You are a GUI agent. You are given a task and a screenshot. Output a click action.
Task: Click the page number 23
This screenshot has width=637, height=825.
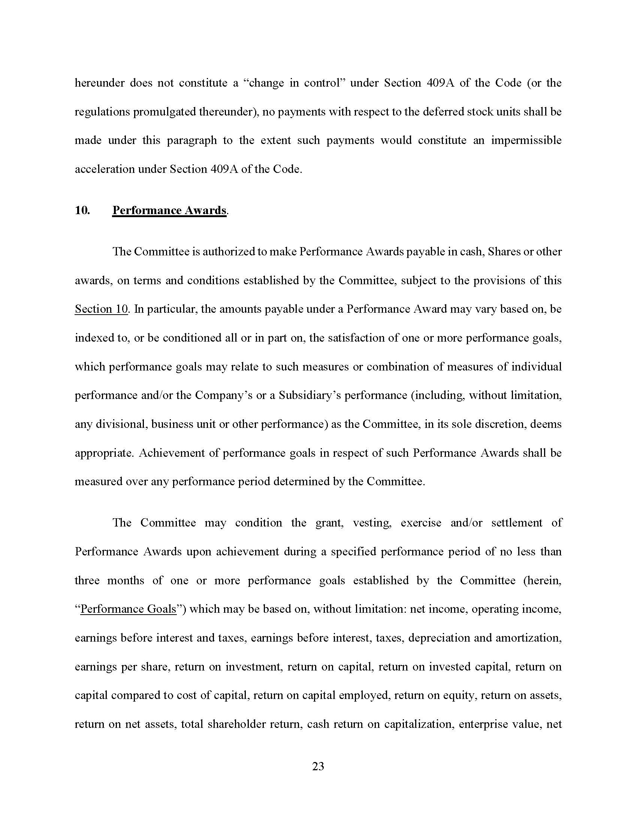click(x=318, y=766)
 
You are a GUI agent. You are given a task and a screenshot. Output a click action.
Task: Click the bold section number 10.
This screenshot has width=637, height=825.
click(x=82, y=210)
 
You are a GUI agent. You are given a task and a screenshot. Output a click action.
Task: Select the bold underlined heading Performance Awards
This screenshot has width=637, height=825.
click(x=169, y=210)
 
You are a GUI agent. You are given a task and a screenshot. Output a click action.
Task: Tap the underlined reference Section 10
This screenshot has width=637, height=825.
click(x=102, y=309)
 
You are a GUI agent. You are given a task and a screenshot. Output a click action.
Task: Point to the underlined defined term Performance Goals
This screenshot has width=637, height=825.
click(x=128, y=609)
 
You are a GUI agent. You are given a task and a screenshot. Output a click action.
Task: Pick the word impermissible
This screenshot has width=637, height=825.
click(x=526, y=140)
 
